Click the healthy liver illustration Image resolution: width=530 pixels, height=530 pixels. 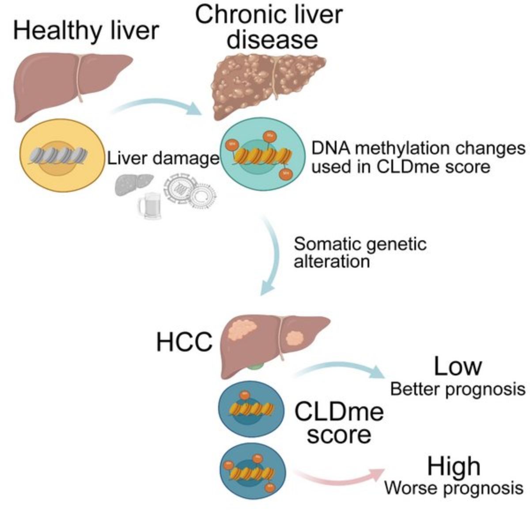tap(66, 84)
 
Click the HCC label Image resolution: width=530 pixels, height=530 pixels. tap(184, 342)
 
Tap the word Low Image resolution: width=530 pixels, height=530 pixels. tap(457, 366)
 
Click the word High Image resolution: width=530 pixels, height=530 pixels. tap(454, 466)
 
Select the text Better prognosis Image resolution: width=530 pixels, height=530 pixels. tap(458, 389)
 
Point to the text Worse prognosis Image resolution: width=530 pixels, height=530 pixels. tap(454, 488)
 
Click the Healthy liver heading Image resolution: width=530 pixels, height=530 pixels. tap(86, 31)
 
